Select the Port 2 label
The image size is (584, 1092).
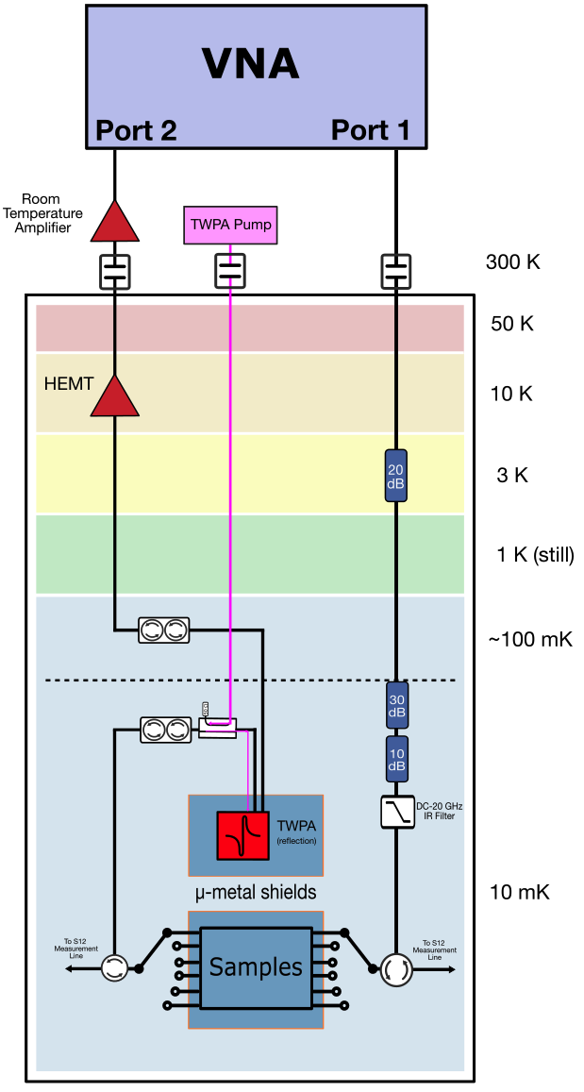[135, 130]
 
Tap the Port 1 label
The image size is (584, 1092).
[370, 130]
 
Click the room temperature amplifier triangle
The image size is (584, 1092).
[114, 223]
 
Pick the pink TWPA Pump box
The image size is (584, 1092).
[231, 226]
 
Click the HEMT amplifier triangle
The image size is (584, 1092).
[114, 396]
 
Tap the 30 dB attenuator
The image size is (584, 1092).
[396, 707]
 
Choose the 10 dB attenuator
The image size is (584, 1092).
[396, 759]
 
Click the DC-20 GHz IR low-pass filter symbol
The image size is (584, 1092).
[396, 812]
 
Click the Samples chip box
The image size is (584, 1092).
[256, 967]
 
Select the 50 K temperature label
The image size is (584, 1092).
[512, 325]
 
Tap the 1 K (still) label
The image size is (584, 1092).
[534, 555]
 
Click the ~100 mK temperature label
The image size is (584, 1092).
[529, 640]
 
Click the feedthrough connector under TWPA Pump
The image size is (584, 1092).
[231, 271]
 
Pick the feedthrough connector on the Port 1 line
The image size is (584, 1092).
[396, 271]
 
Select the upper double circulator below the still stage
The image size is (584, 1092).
[164, 630]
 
